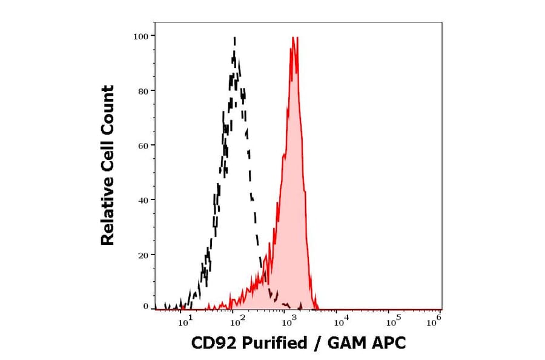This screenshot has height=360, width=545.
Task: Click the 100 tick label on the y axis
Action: (x=140, y=36)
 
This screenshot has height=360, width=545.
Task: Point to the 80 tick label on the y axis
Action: (x=142, y=91)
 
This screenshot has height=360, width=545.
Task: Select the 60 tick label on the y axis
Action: (x=142, y=145)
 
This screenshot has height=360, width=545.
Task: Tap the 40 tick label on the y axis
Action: (x=142, y=200)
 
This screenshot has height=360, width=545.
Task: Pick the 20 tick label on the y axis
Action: (x=142, y=255)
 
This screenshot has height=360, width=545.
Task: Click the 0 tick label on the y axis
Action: (x=145, y=307)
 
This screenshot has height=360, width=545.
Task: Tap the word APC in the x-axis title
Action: (x=388, y=343)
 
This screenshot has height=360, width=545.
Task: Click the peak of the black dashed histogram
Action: (x=234, y=38)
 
